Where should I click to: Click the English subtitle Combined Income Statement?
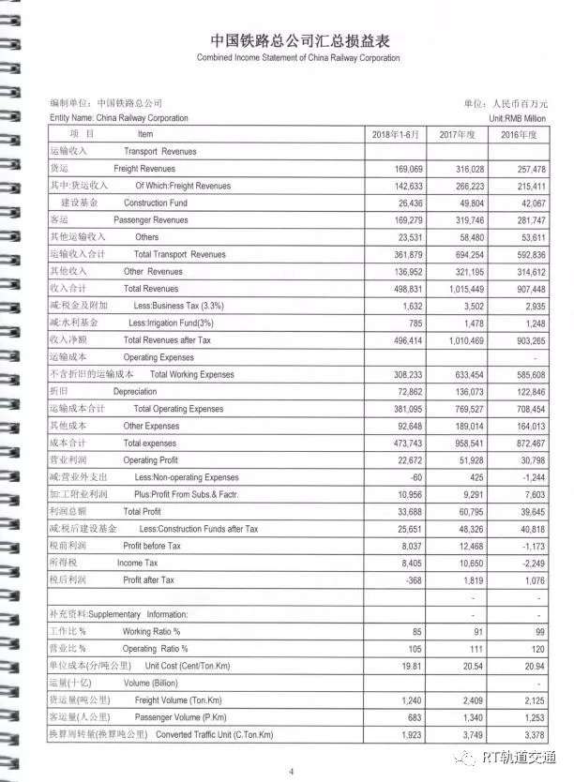click(297, 58)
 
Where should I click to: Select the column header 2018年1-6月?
click(398, 135)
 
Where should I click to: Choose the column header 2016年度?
click(519, 135)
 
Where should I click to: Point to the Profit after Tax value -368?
click(412, 579)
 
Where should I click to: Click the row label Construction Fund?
click(155, 203)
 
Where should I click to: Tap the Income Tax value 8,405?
click(408, 563)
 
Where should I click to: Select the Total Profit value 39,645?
click(528, 511)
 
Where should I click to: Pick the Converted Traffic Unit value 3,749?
click(469, 734)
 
